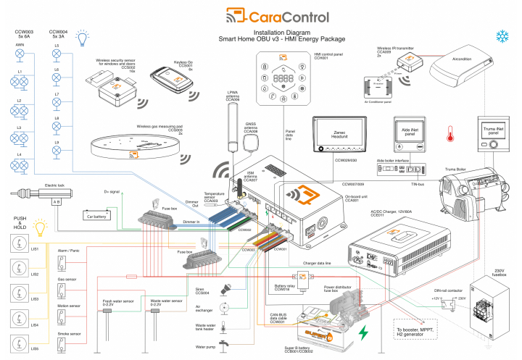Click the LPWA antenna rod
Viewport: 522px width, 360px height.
tap(233, 127)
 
